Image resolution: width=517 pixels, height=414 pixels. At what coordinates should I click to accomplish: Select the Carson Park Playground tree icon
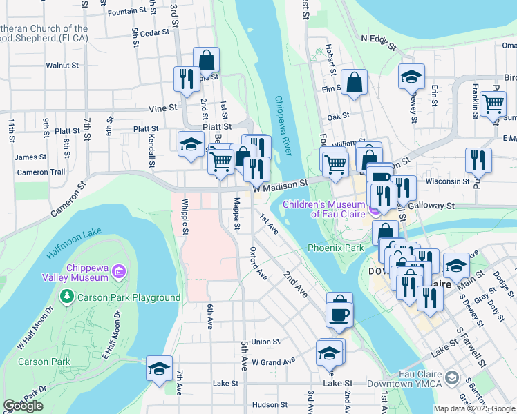point(67,297)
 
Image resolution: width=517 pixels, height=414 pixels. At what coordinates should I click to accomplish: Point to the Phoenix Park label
point(335,247)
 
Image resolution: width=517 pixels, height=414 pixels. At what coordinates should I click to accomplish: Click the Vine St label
point(163,108)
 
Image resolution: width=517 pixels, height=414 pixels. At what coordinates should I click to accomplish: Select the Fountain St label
point(128,11)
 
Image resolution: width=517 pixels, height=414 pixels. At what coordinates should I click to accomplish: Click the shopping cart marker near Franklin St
point(493,103)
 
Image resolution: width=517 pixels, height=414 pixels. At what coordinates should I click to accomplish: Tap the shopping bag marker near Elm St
point(354,83)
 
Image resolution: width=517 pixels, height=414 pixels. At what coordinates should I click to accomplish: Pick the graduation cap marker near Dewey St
point(411,77)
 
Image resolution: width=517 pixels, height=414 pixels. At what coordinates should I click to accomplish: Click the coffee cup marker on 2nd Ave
point(339,315)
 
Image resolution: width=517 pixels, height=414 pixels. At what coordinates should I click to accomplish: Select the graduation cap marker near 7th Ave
point(159,368)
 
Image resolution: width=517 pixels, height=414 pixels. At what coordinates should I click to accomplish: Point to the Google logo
point(23,406)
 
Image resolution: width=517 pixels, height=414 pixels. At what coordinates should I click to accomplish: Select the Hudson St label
point(265,405)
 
